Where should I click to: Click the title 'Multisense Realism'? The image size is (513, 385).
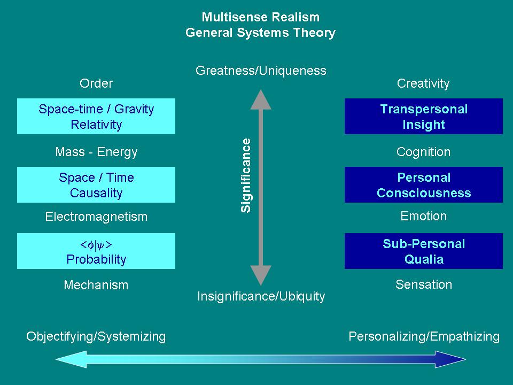(261, 17)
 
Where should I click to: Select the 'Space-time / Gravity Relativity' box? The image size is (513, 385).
(96, 116)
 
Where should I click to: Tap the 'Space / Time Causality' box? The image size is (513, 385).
(96, 184)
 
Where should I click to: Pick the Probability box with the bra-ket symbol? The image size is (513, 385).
(96, 251)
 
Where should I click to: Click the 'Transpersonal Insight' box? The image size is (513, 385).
(424, 116)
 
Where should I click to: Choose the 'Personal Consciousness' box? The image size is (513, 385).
(424, 184)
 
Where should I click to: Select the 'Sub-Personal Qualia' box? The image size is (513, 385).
(424, 251)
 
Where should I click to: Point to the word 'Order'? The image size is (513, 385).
(96, 83)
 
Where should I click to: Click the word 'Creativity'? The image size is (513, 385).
(423, 83)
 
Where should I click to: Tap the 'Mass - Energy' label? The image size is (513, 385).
(96, 152)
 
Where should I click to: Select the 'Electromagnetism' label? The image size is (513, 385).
(96, 217)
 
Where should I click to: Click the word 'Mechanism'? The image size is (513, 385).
(96, 285)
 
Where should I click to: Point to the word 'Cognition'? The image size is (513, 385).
(423, 152)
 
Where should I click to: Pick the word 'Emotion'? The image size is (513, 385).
(423, 216)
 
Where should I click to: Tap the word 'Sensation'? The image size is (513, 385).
(423, 284)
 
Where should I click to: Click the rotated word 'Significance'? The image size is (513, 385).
(246, 175)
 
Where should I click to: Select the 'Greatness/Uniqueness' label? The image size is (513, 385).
(261, 71)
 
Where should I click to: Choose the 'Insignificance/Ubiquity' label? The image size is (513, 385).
(261, 296)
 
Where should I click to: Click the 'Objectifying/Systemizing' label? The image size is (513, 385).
(96, 336)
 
